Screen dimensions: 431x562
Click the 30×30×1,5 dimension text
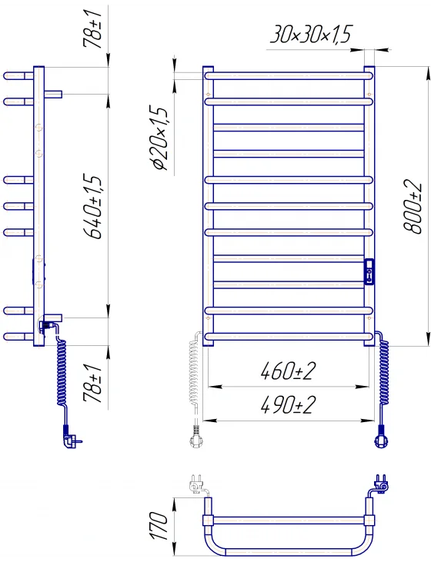point(311,35)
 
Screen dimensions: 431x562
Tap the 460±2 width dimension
point(288,371)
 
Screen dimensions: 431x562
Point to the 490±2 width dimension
point(288,404)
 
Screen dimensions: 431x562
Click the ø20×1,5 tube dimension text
point(159,138)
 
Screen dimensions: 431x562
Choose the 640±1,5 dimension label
point(92,207)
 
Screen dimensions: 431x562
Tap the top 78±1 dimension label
point(92,29)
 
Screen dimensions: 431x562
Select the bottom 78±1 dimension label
point(92,384)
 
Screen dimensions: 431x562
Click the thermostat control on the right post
point(369,271)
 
